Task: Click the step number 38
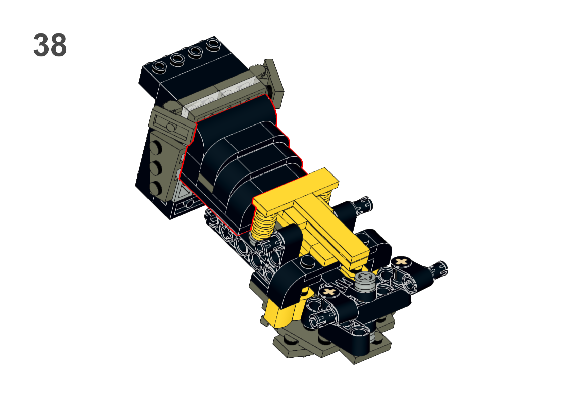point(50,45)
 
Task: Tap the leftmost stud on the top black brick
point(159,67)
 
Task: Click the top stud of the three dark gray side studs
point(155,147)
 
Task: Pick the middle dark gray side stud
point(155,168)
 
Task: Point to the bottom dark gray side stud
point(155,188)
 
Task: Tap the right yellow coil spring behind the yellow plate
point(327,197)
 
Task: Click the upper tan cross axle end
point(401,261)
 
